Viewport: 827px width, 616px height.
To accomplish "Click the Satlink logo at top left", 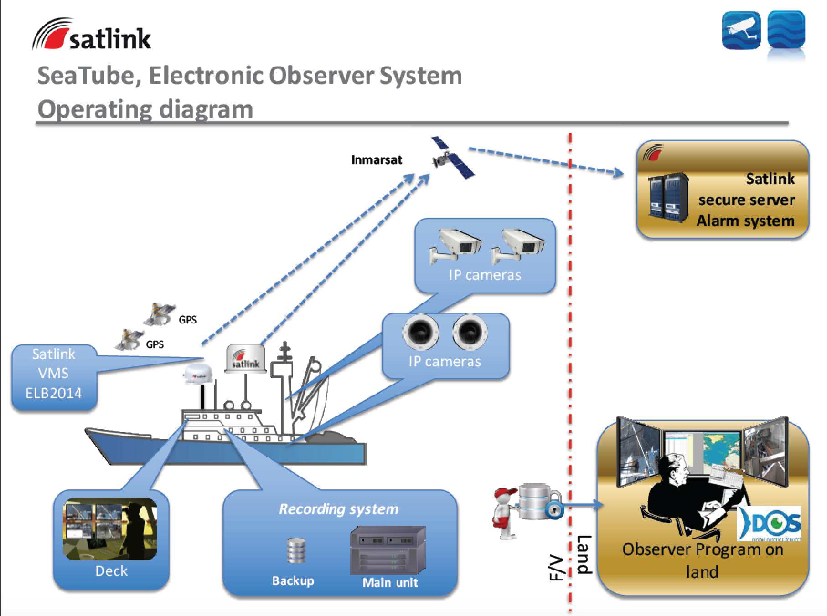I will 91,35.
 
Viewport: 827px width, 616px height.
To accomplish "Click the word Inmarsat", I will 377,160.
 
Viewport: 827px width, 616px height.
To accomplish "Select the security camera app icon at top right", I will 741,31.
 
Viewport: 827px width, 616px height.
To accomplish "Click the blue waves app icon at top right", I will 786,31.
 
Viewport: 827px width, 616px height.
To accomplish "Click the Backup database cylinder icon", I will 296,551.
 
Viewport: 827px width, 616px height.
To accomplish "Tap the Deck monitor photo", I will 110,529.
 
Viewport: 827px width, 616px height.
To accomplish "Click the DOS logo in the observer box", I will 769,523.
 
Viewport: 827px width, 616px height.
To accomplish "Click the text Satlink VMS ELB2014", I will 54,373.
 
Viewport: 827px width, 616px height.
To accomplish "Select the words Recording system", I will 338,509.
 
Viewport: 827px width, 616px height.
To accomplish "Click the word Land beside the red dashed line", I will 584,554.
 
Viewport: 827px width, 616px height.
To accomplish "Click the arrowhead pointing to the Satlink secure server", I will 618,173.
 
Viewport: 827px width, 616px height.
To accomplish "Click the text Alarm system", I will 745,221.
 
